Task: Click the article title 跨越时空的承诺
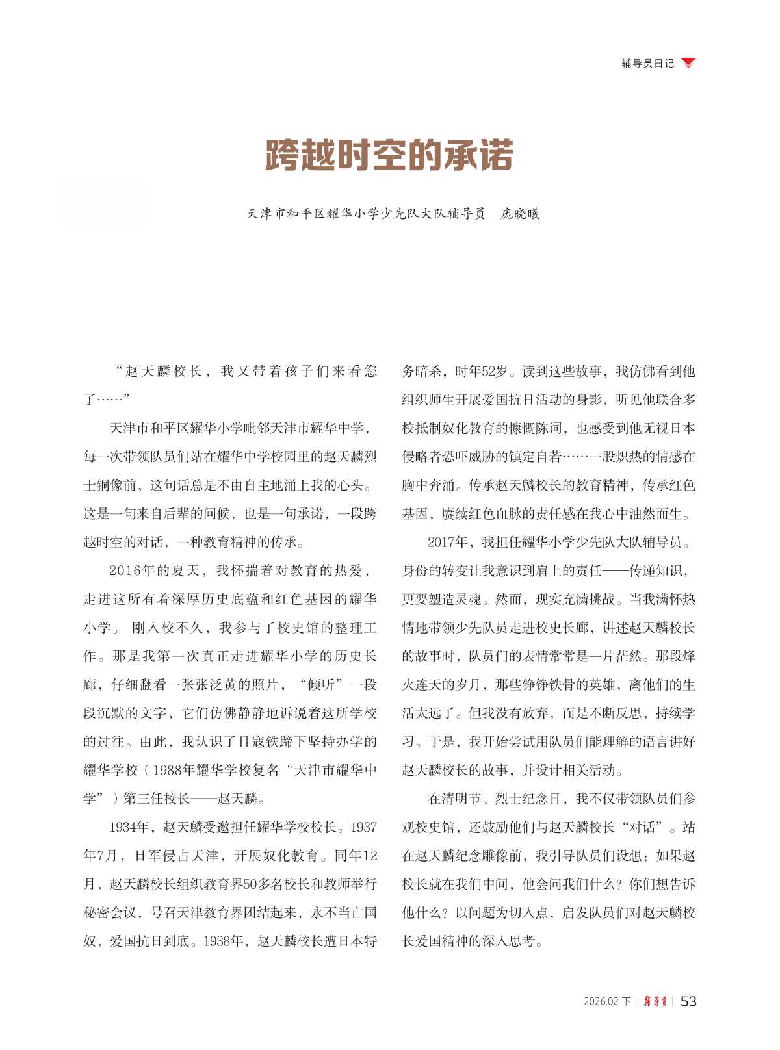(x=389, y=156)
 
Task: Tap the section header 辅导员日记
(x=647, y=63)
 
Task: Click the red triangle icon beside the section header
(x=688, y=62)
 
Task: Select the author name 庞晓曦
(x=520, y=214)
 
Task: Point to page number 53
(x=688, y=1001)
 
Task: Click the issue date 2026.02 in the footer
(x=601, y=1001)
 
